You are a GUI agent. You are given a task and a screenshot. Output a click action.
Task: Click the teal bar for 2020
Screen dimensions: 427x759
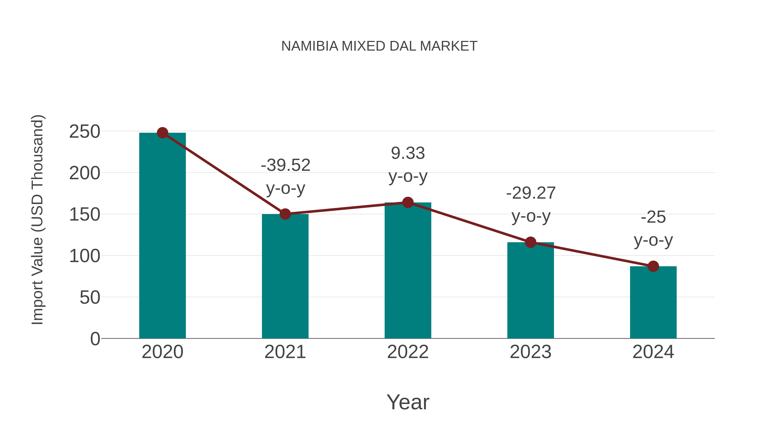pos(162,236)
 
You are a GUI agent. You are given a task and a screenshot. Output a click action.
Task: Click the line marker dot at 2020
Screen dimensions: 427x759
pos(162,133)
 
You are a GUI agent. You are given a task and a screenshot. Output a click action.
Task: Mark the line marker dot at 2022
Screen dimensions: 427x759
pos(408,202)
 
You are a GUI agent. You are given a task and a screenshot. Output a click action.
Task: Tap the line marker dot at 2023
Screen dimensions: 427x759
pos(530,242)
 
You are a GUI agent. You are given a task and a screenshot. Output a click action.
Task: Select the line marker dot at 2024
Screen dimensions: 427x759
pos(653,266)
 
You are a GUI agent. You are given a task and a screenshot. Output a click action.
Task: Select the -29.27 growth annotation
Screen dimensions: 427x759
pos(531,205)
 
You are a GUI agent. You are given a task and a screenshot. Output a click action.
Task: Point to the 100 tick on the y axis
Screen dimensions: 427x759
pos(85,256)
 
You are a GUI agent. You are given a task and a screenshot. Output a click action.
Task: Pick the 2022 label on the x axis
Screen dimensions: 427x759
pos(408,352)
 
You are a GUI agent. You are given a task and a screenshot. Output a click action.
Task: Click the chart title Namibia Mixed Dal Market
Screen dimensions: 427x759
pos(379,46)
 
